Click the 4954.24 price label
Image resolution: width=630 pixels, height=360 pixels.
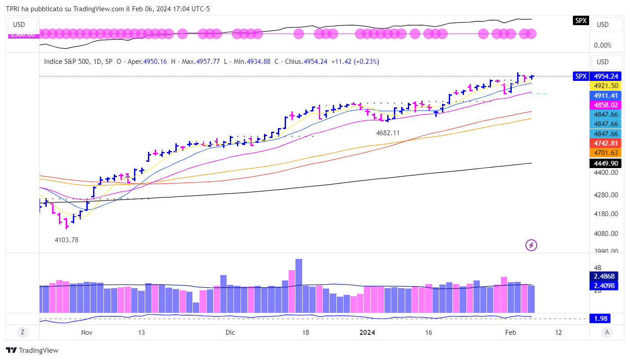tap(607, 76)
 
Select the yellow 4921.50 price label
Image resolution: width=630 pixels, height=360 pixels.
tap(607, 86)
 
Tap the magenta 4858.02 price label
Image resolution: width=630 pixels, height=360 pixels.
tap(607, 105)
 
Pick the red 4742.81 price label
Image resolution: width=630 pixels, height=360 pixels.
tap(607, 143)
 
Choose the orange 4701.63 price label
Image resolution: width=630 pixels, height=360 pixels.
tap(607, 153)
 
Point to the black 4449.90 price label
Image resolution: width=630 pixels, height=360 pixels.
tap(607, 163)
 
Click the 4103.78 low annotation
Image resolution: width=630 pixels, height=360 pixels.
tap(67, 240)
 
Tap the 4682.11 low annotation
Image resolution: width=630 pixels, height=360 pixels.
tap(388, 133)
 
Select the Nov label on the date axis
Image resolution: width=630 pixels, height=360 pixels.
tap(87, 333)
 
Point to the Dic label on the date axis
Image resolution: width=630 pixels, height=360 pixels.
tap(230, 333)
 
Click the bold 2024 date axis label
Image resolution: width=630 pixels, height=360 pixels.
tap(367, 333)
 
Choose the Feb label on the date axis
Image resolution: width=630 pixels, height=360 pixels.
tap(510, 333)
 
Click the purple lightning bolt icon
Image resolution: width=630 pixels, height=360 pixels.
tap(532, 245)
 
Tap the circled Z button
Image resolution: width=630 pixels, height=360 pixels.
tap(22, 333)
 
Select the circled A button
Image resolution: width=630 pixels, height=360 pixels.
tap(607, 333)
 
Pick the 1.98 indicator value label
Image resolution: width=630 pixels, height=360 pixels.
tap(601, 319)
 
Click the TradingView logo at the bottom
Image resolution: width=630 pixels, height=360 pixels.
tap(32, 351)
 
